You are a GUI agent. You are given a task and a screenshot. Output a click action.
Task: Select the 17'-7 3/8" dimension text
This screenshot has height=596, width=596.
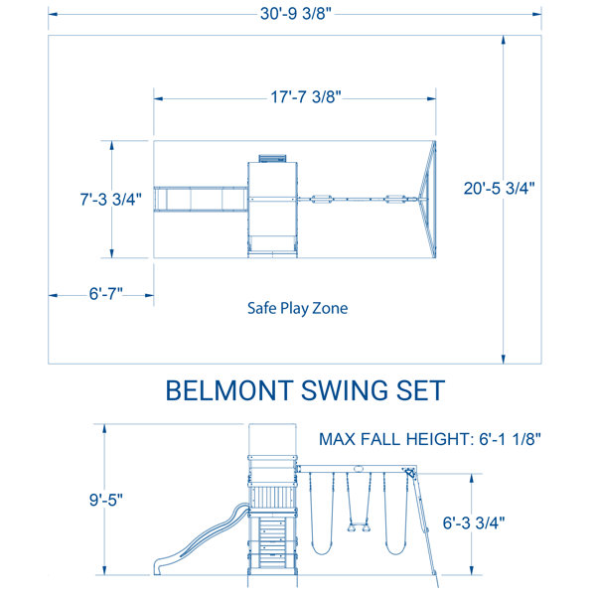[x=296, y=97]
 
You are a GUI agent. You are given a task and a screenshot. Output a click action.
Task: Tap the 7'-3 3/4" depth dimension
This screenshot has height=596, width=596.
[x=111, y=198]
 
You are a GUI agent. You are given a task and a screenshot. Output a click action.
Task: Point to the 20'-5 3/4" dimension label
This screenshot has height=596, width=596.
[x=504, y=188]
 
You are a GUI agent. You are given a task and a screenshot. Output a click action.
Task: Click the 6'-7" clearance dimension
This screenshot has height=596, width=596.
[x=101, y=294]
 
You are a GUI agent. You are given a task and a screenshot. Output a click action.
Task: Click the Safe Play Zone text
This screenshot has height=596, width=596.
[x=297, y=308]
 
